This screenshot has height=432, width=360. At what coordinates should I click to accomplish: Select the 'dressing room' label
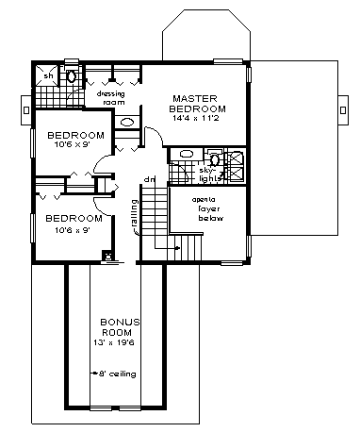[x=111, y=96]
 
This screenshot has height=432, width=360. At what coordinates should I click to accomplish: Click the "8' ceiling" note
[x=121, y=374]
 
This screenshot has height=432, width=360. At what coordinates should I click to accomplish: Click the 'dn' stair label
[x=149, y=179]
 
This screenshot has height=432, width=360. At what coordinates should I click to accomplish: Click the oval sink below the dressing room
[x=127, y=123]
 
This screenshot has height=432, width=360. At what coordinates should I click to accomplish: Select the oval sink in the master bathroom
[x=186, y=153]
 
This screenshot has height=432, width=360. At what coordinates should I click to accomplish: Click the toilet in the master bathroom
[x=214, y=157]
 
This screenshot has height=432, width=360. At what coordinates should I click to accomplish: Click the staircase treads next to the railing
[x=153, y=215]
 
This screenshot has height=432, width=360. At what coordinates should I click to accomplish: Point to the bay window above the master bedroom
[x=204, y=38]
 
